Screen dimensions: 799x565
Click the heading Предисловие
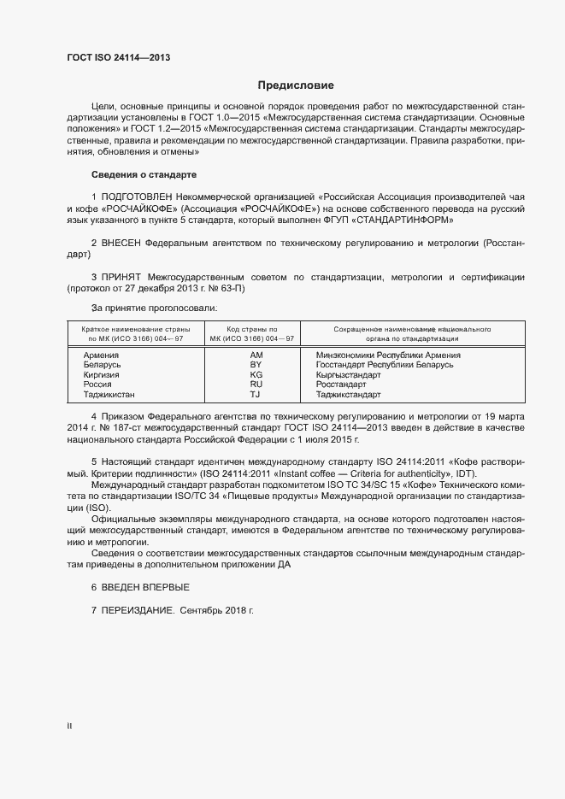[x=296, y=85]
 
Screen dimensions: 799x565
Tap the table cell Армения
[x=101, y=355]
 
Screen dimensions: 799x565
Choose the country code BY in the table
[x=256, y=365]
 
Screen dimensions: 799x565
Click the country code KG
[x=256, y=374]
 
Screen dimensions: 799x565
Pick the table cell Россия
[x=98, y=385]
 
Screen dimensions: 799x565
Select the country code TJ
[x=255, y=395]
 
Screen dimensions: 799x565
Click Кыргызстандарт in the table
[x=348, y=374]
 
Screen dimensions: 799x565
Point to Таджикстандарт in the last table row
[x=348, y=395]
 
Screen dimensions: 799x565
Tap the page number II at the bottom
[x=69, y=726]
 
